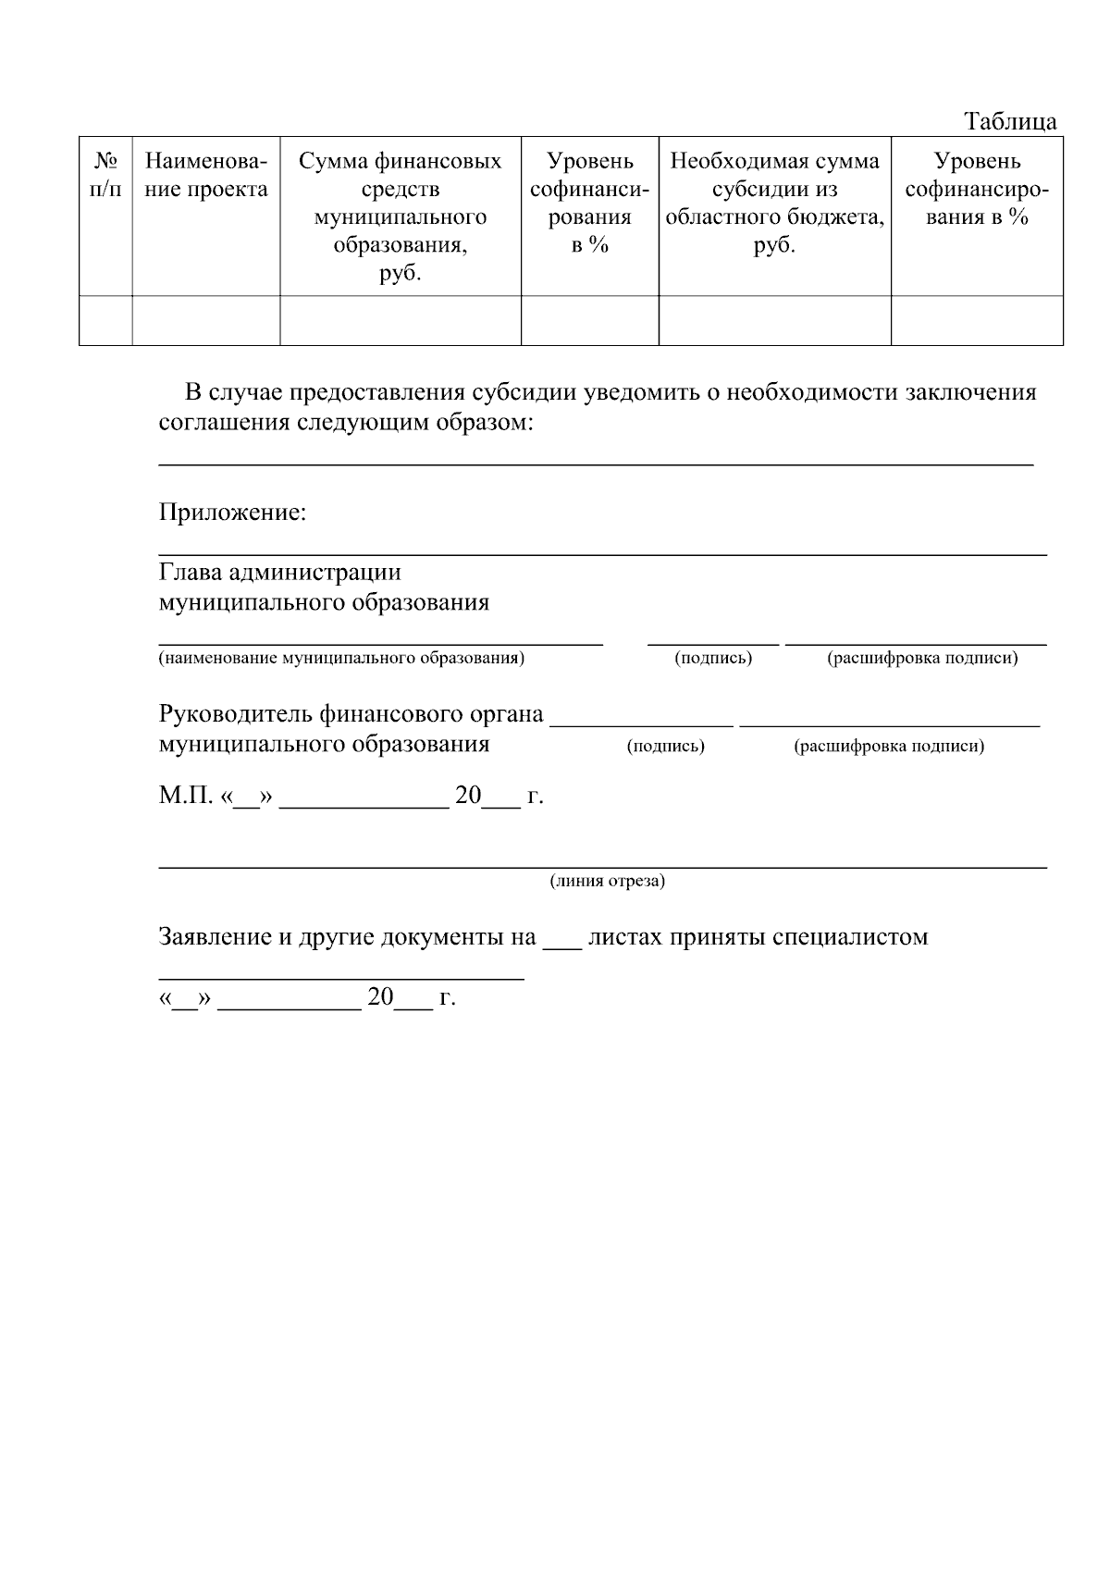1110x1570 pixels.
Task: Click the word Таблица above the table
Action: tap(1010, 121)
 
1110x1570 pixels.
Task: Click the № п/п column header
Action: tap(105, 175)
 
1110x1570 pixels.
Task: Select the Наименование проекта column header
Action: tap(206, 175)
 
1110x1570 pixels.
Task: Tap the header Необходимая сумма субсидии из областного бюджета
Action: tap(774, 203)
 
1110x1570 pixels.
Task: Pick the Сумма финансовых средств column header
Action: tap(400, 216)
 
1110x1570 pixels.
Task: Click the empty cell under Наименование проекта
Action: tap(206, 320)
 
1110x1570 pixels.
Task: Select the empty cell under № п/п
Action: tap(105, 320)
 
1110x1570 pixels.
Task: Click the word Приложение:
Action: tap(232, 513)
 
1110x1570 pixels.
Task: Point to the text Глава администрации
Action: tap(279, 573)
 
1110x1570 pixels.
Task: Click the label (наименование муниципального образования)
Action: tap(341, 659)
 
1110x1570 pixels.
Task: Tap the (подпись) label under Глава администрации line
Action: tap(713, 659)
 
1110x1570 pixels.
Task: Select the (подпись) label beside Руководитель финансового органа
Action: tap(665, 747)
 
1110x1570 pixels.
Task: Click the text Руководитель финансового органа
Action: tap(351, 715)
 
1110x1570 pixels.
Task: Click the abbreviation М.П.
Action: tap(185, 796)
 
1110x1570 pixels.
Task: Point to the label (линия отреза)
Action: tap(608, 881)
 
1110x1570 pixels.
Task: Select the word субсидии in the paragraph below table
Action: tap(524, 392)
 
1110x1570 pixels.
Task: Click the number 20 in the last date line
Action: tap(381, 997)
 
